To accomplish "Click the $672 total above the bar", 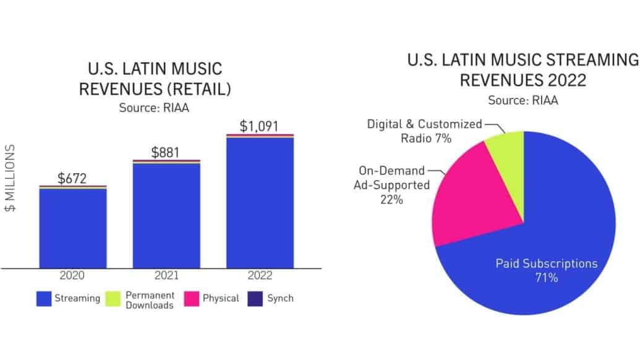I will pyautogui.click(x=73, y=179).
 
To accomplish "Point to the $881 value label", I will pyautogui.click(x=166, y=153).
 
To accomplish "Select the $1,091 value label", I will pyautogui.click(x=260, y=126).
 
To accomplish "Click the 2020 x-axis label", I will pyautogui.click(x=73, y=276).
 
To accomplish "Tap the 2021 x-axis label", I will pyautogui.click(x=166, y=276).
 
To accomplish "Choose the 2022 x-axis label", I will pyautogui.click(x=260, y=276).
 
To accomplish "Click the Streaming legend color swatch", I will pyautogui.click(x=43, y=299).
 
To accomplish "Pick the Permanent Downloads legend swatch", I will pyautogui.click(x=114, y=299).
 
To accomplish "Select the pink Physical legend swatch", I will pyautogui.click(x=190, y=299).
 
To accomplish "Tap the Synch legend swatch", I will pyautogui.click(x=255, y=299).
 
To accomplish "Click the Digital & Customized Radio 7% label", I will pyautogui.click(x=424, y=131).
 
